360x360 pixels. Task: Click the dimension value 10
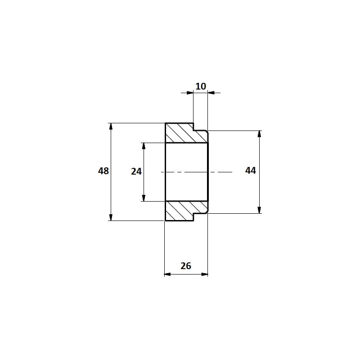coord(201,86)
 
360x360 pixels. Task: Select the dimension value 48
coord(103,171)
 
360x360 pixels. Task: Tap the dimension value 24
coord(136,171)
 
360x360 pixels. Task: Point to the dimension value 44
coord(251,171)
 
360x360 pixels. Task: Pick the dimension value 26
coord(186,266)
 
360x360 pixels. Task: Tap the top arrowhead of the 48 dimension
coord(111,127)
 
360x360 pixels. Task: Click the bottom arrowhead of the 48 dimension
coord(111,217)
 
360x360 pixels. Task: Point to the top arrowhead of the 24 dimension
coord(144,146)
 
